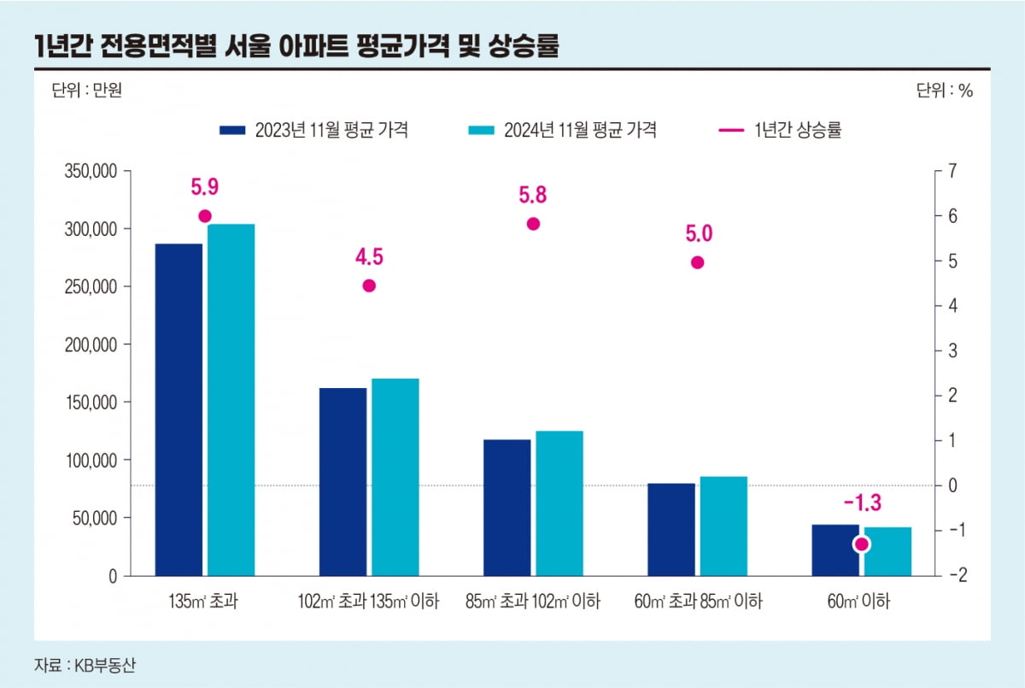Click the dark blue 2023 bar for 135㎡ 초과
179,409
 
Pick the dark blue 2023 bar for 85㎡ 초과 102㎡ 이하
507,508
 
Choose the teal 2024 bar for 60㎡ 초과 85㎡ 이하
723,526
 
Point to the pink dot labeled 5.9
205,216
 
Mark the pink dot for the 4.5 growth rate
369,285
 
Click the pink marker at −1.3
862,544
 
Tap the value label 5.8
533,195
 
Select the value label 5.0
698,233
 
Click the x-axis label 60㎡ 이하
858,602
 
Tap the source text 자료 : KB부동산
85,663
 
